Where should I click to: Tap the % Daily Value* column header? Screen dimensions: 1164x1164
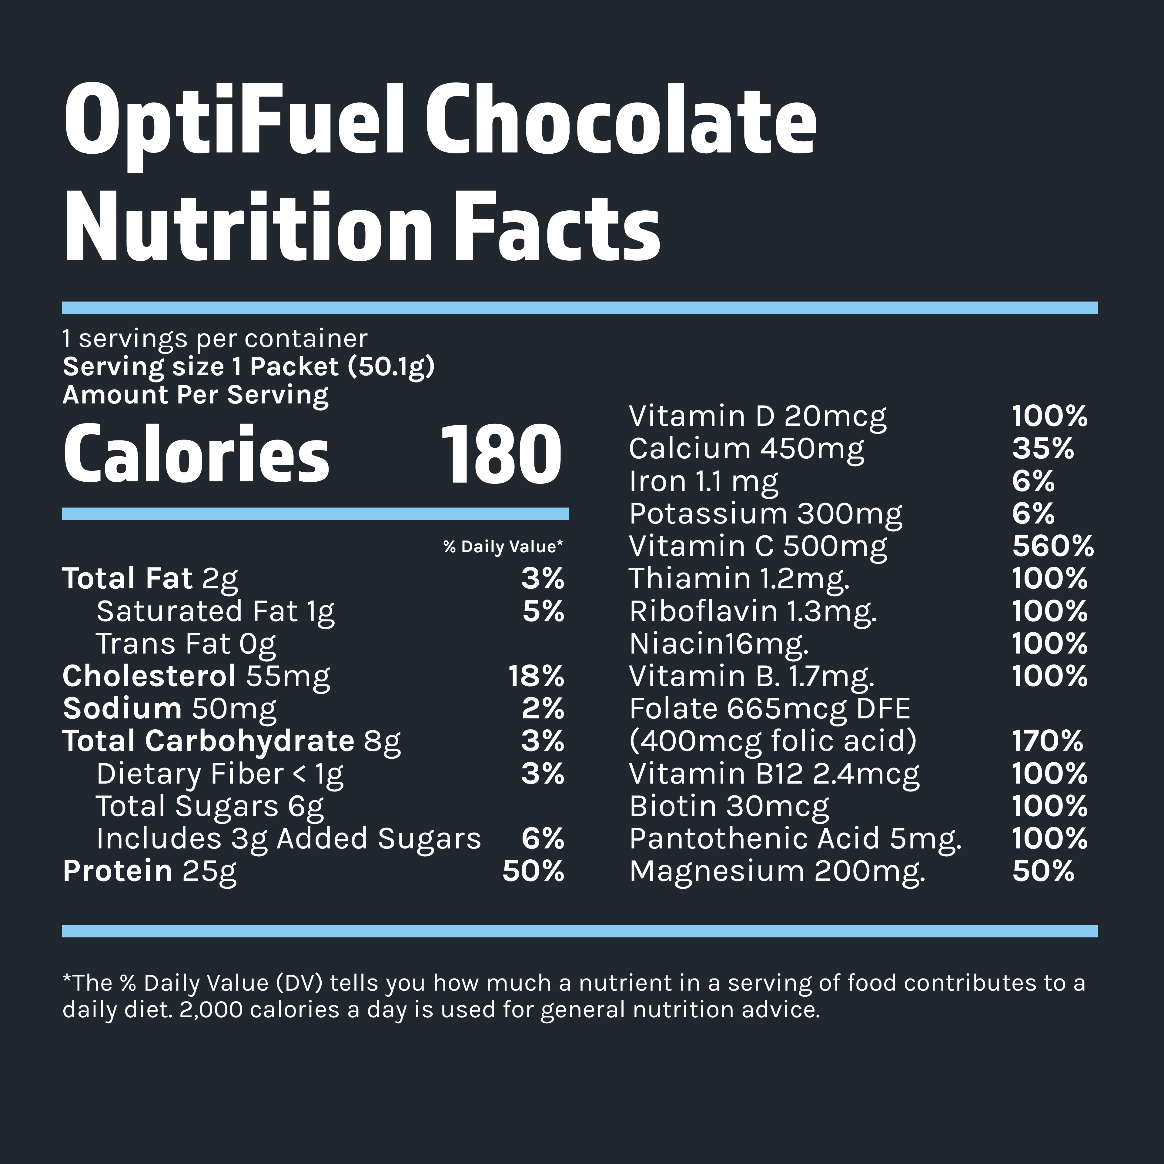tap(503, 547)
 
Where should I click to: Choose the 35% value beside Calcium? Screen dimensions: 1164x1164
tap(1043, 449)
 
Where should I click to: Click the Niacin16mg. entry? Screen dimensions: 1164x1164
tap(719, 644)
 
